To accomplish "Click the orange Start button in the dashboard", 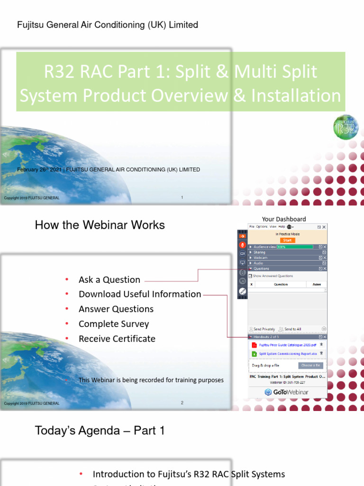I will pyautogui.click(x=287, y=240).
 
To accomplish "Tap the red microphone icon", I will pyautogui.click(x=242, y=245).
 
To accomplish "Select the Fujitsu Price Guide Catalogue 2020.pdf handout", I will pyautogui.click(x=287, y=345).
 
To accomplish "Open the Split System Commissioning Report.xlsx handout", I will pyautogui.click(x=288, y=354).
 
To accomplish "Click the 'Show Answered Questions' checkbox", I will pyautogui.click(x=251, y=276).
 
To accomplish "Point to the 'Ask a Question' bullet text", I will pyautogui.click(x=109, y=280).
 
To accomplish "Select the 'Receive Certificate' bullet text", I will pyautogui.click(x=117, y=338).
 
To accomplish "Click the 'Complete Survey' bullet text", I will pyautogui.click(x=114, y=324).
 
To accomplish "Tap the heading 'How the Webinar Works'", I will pyautogui.click(x=100, y=225).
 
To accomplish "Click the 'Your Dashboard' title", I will pyautogui.click(x=284, y=219).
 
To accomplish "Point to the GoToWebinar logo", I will pyautogui.click(x=286, y=392).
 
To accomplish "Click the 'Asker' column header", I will pyautogui.click(x=316, y=284).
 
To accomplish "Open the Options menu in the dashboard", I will pyautogui.click(x=262, y=227).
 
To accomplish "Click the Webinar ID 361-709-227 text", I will pyautogui.click(x=287, y=382).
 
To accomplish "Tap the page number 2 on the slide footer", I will pyautogui.click(x=182, y=403).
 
